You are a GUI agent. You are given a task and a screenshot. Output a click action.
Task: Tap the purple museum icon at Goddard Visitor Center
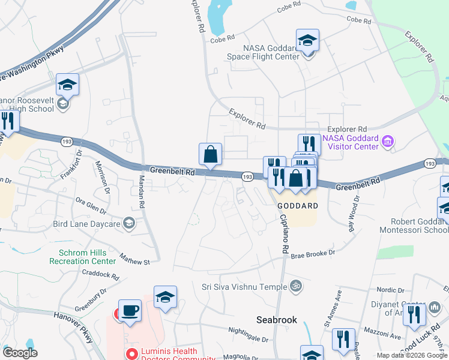pyautogui.click(x=388, y=142)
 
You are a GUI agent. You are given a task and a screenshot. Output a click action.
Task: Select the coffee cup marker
pyautogui.click(x=130, y=311)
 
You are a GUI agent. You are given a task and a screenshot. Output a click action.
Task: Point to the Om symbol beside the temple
pyautogui.click(x=294, y=286)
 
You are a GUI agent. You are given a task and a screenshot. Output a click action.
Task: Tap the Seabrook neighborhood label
pyautogui.click(x=277, y=320)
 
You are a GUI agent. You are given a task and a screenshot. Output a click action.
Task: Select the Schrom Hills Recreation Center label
pyautogui.click(x=87, y=257)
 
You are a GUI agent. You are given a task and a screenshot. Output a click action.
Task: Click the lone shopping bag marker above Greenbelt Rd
pyautogui.click(x=211, y=154)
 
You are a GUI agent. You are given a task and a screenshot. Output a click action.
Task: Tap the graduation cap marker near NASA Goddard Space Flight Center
pyautogui.click(x=307, y=40)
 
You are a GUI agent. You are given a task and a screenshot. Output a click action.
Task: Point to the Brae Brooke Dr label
pyautogui.click(x=313, y=254)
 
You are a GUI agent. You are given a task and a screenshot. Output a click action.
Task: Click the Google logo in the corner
pyautogui.click(x=20, y=353)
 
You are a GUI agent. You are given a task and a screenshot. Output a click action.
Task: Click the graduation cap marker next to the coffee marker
pyautogui.click(x=165, y=297)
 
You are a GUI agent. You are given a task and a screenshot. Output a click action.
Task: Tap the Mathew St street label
pyautogui.click(x=133, y=262)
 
